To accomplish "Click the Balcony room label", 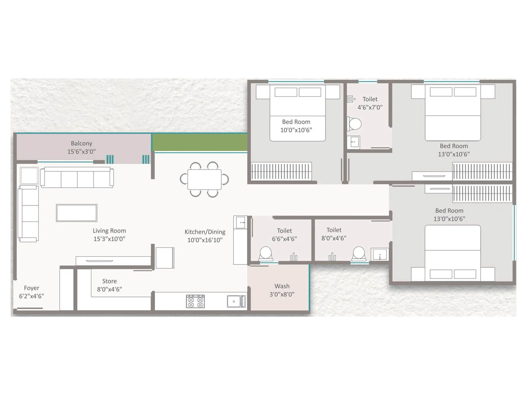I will (81, 144).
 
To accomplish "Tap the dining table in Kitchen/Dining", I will (204, 179).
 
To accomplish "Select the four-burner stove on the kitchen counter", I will (195, 301).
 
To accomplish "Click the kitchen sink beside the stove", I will (236, 301).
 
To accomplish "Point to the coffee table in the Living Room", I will (76, 213).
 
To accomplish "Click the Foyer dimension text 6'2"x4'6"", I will (31, 296).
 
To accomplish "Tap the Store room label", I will (109, 281).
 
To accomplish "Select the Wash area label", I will (282, 286).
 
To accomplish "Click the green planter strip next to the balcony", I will (200, 143).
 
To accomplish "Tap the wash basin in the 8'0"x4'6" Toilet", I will (380, 254).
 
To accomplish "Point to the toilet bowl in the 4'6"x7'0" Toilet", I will (354, 124).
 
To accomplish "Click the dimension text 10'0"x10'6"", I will (296, 130).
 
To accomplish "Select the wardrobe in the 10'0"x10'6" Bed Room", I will (281, 171).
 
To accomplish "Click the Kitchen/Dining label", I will (205, 232).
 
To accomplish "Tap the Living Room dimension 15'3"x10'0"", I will (109, 239).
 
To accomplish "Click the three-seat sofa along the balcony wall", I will (77, 178).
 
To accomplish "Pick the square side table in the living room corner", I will (29, 175).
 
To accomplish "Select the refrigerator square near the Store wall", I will (165, 258).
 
